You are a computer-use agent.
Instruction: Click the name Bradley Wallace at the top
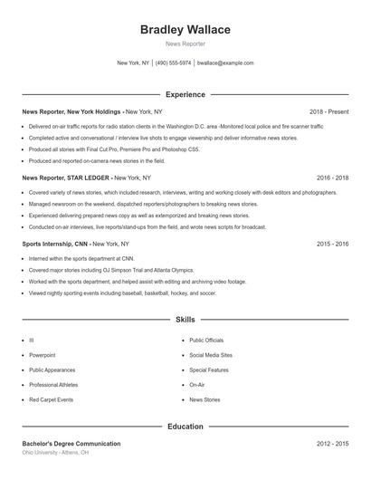click(x=185, y=30)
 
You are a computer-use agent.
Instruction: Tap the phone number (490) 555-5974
click(x=174, y=63)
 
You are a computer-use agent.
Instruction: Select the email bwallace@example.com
click(x=225, y=63)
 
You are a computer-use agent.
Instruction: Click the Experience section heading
click(x=185, y=94)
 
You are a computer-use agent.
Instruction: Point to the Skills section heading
click(x=185, y=320)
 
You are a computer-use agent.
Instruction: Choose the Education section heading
click(x=185, y=426)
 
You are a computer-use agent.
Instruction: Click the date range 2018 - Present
click(x=328, y=111)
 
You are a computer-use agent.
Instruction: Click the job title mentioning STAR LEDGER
click(x=67, y=178)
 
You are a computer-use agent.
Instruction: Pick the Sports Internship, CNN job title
click(x=55, y=244)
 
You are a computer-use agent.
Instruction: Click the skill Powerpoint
click(x=43, y=355)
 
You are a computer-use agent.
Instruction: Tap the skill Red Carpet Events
click(x=51, y=399)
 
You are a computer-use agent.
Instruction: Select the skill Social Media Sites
click(x=211, y=355)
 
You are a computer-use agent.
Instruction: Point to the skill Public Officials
click(x=207, y=341)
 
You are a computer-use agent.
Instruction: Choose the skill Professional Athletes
click(x=54, y=385)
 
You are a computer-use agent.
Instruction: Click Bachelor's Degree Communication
click(x=71, y=444)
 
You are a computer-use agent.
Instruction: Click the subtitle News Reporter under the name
click(x=185, y=43)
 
